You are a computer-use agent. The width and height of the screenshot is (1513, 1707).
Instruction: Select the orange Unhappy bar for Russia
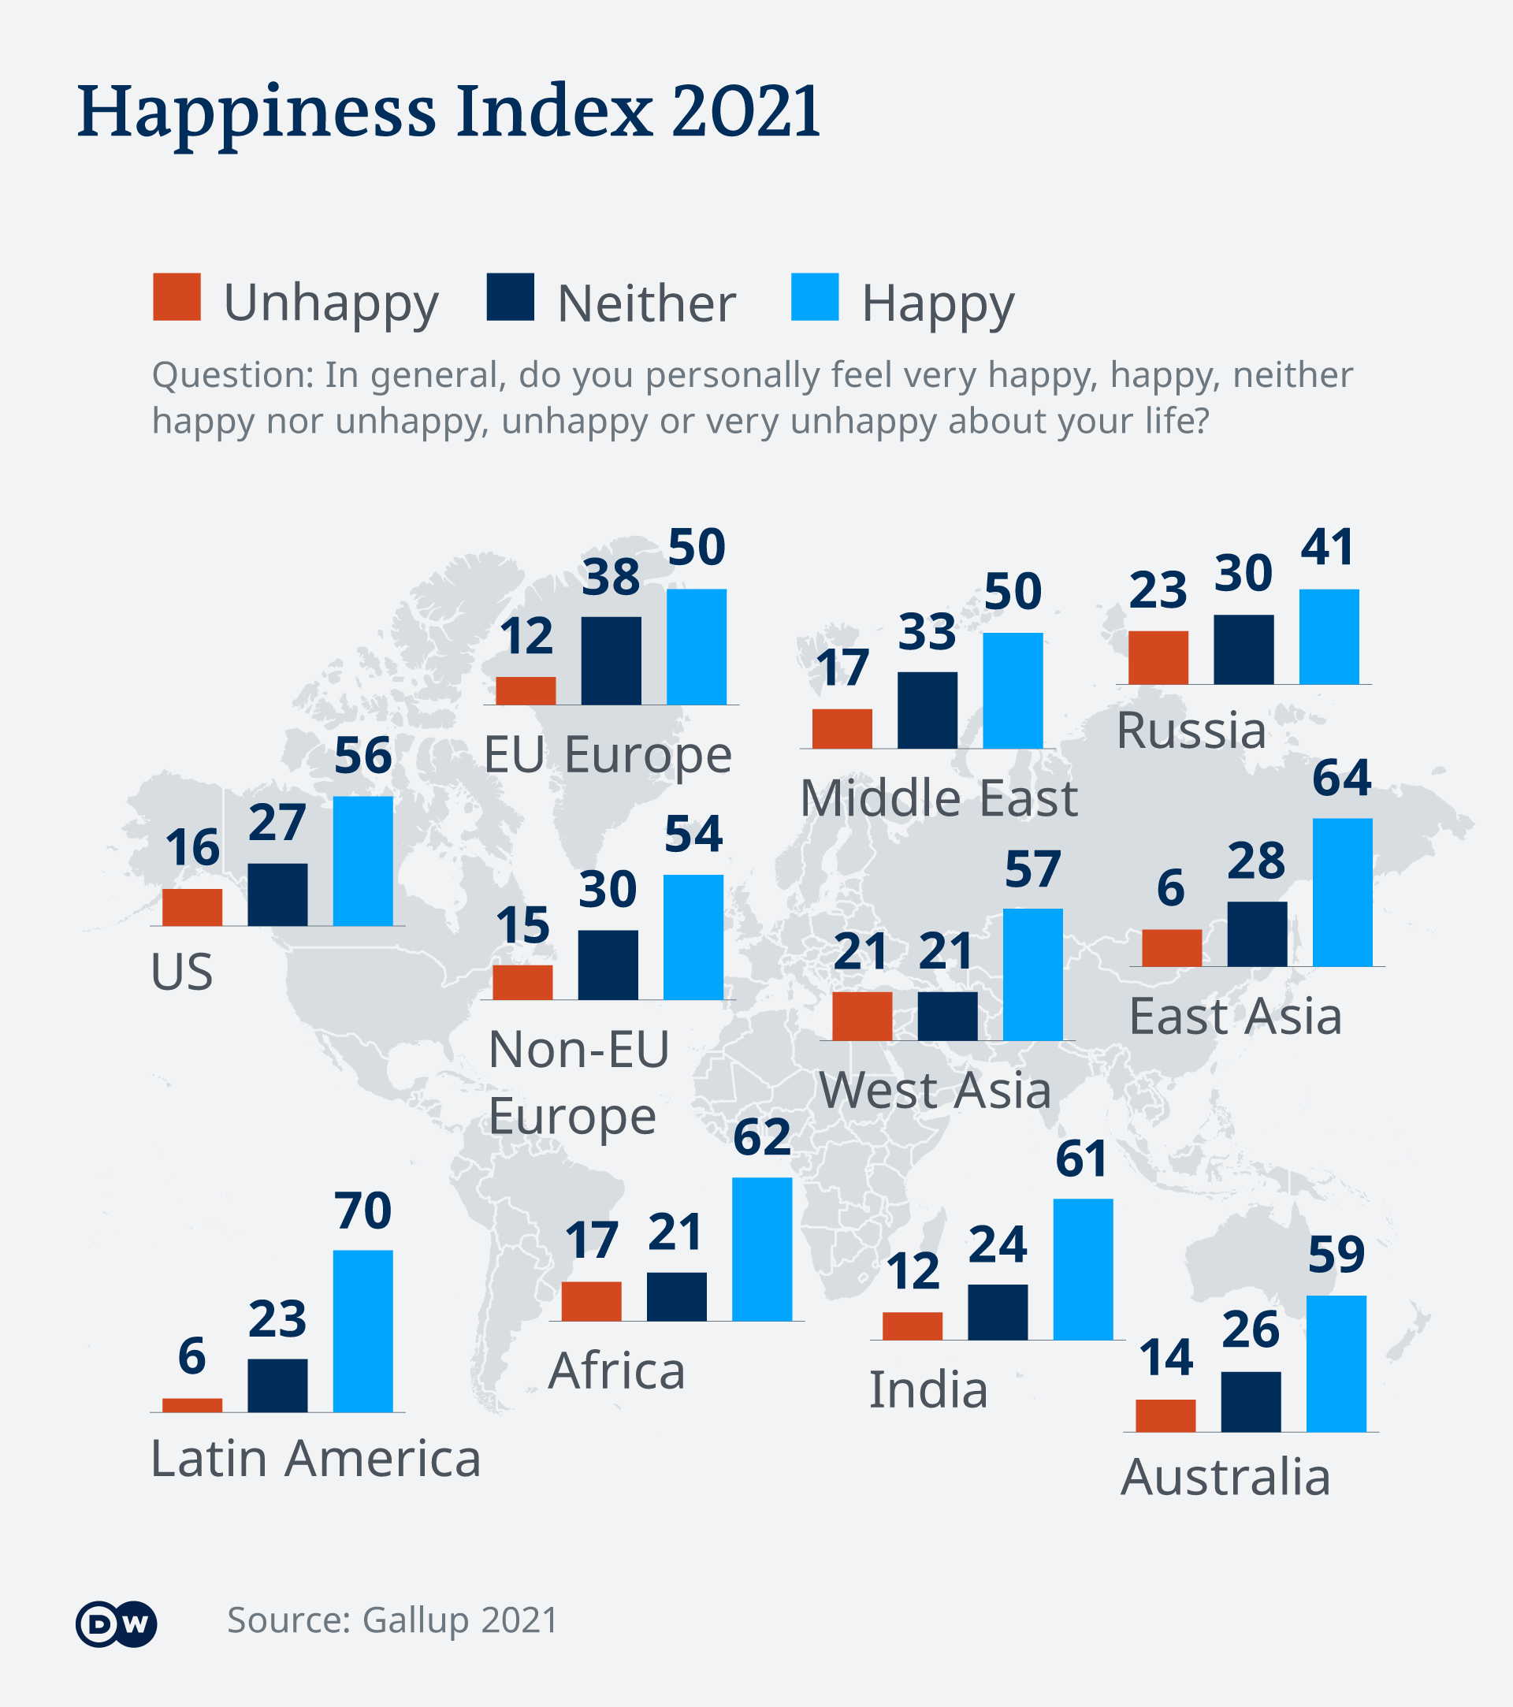click(x=1158, y=657)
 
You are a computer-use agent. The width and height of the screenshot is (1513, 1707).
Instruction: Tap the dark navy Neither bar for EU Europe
click(x=611, y=660)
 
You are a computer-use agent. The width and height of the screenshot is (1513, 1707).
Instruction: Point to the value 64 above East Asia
click(x=1341, y=778)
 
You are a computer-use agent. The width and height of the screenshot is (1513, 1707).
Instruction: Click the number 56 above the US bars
click(x=362, y=756)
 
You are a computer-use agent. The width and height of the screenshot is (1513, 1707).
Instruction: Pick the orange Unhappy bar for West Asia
click(x=862, y=1016)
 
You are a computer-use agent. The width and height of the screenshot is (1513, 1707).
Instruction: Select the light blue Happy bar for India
click(x=1082, y=1269)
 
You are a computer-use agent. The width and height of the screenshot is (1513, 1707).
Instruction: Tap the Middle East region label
click(x=938, y=798)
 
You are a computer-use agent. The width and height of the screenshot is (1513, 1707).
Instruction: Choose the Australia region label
click(x=1225, y=1477)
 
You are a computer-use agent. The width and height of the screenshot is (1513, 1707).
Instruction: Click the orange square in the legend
click(x=177, y=296)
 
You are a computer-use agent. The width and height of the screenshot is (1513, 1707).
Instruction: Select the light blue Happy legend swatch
click(x=814, y=296)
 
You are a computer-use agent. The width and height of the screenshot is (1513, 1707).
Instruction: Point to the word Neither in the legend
click(x=645, y=303)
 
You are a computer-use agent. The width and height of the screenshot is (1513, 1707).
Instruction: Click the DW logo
click(x=116, y=1623)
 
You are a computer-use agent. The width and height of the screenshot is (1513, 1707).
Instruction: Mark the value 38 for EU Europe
click(x=611, y=577)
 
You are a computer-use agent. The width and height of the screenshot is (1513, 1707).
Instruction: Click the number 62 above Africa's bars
click(x=761, y=1136)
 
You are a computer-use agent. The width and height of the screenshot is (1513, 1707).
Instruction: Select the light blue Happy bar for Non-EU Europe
click(x=692, y=937)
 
